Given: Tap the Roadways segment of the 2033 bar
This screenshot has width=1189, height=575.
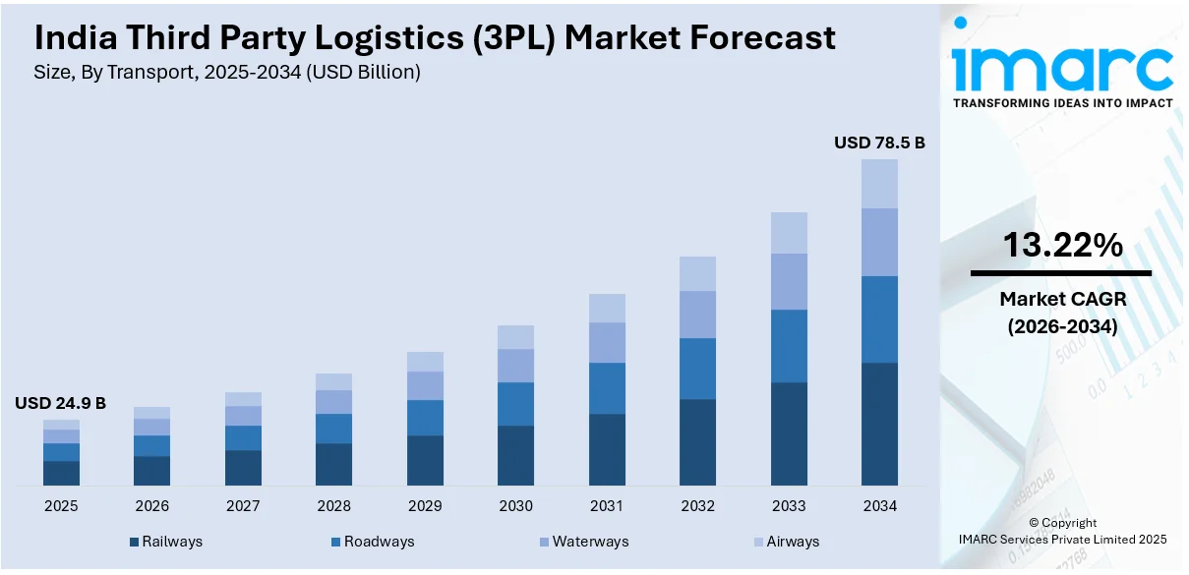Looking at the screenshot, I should click(x=789, y=346).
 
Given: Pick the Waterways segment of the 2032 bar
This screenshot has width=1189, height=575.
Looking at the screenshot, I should click(x=697, y=315).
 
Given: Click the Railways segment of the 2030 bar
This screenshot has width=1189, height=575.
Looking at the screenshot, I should click(x=515, y=455).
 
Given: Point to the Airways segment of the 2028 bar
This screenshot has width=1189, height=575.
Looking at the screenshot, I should click(x=333, y=381).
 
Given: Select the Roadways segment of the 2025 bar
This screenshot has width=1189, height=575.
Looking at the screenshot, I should click(x=61, y=452).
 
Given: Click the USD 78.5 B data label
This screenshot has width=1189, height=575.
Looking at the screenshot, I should click(x=879, y=143).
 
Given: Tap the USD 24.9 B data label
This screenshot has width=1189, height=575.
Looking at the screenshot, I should click(x=60, y=403).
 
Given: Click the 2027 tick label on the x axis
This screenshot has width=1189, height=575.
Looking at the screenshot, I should click(x=243, y=506).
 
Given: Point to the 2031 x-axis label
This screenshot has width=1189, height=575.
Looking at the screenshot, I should click(x=607, y=506).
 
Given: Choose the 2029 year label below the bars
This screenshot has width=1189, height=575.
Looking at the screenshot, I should click(x=425, y=506).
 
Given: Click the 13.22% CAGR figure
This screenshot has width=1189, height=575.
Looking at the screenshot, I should click(x=1062, y=246).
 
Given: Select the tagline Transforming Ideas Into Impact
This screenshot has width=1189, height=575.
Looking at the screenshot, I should click(x=1062, y=103).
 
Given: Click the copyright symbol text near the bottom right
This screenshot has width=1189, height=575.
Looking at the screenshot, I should click(x=1062, y=523).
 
